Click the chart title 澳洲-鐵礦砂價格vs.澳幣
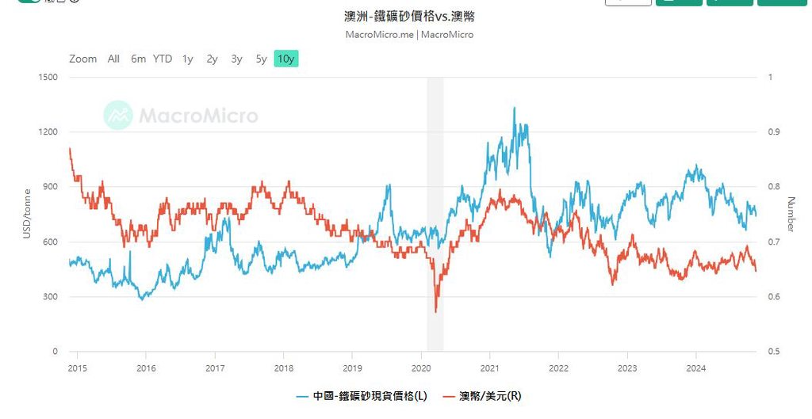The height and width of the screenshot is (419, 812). pos(410,17)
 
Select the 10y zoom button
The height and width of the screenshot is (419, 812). pos(286,59)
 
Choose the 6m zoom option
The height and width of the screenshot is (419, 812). pos(139,59)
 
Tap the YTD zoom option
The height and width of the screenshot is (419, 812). pos(163,59)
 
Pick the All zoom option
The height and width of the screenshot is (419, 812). pos(113,59)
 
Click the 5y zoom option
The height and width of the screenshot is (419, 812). pos(261,59)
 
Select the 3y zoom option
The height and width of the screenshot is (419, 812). pos(236,59)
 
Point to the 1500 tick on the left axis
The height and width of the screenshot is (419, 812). pos(48,77)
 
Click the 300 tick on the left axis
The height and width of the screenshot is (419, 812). pos(50,297)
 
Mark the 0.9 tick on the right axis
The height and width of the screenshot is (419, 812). pos(774,132)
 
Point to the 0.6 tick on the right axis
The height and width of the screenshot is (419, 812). pos(774,297)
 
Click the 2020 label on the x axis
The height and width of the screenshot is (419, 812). pos(421,368)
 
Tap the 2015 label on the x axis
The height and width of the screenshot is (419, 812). pos(78,368)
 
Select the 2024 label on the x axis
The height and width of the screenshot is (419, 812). pos(695,368)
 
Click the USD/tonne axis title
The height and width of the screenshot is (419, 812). pos(27,215)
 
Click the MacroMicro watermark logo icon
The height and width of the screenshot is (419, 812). pos(118,116)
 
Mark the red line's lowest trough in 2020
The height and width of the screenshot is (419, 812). pos(436,311)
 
